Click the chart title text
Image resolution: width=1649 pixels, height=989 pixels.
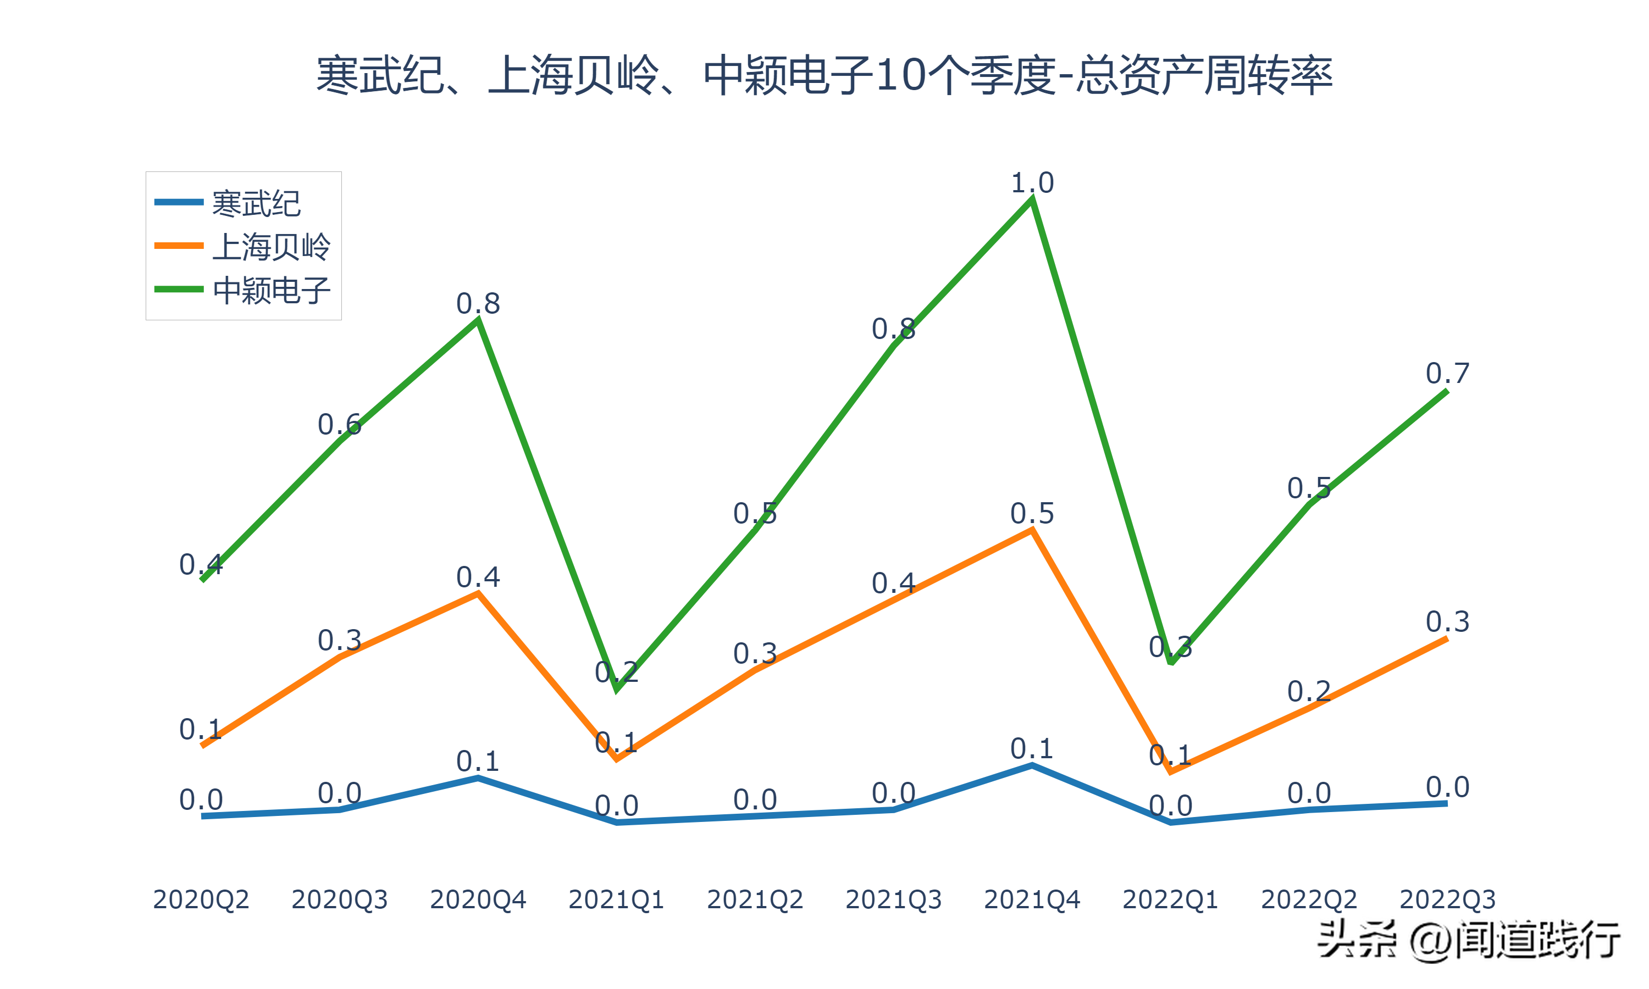[x=824, y=75]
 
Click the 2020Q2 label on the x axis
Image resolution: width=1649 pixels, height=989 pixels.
[x=201, y=899]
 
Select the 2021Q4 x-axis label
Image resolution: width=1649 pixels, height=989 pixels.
[x=1032, y=899]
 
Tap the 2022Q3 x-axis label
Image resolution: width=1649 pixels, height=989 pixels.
[x=1447, y=899]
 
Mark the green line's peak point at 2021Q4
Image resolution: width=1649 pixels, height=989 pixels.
[x=1032, y=199]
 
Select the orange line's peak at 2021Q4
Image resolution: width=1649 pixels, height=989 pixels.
[x=1032, y=530]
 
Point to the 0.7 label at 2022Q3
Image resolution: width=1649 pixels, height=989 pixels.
[x=1447, y=373]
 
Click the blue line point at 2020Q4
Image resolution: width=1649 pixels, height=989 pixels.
[x=478, y=777]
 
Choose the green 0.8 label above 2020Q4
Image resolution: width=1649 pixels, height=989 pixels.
[x=478, y=304]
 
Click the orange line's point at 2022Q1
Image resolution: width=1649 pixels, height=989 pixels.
[x=1170, y=771]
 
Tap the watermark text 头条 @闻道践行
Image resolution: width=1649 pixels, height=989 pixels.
[x=1468, y=940]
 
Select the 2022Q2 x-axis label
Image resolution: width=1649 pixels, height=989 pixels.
[x=1308, y=899]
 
